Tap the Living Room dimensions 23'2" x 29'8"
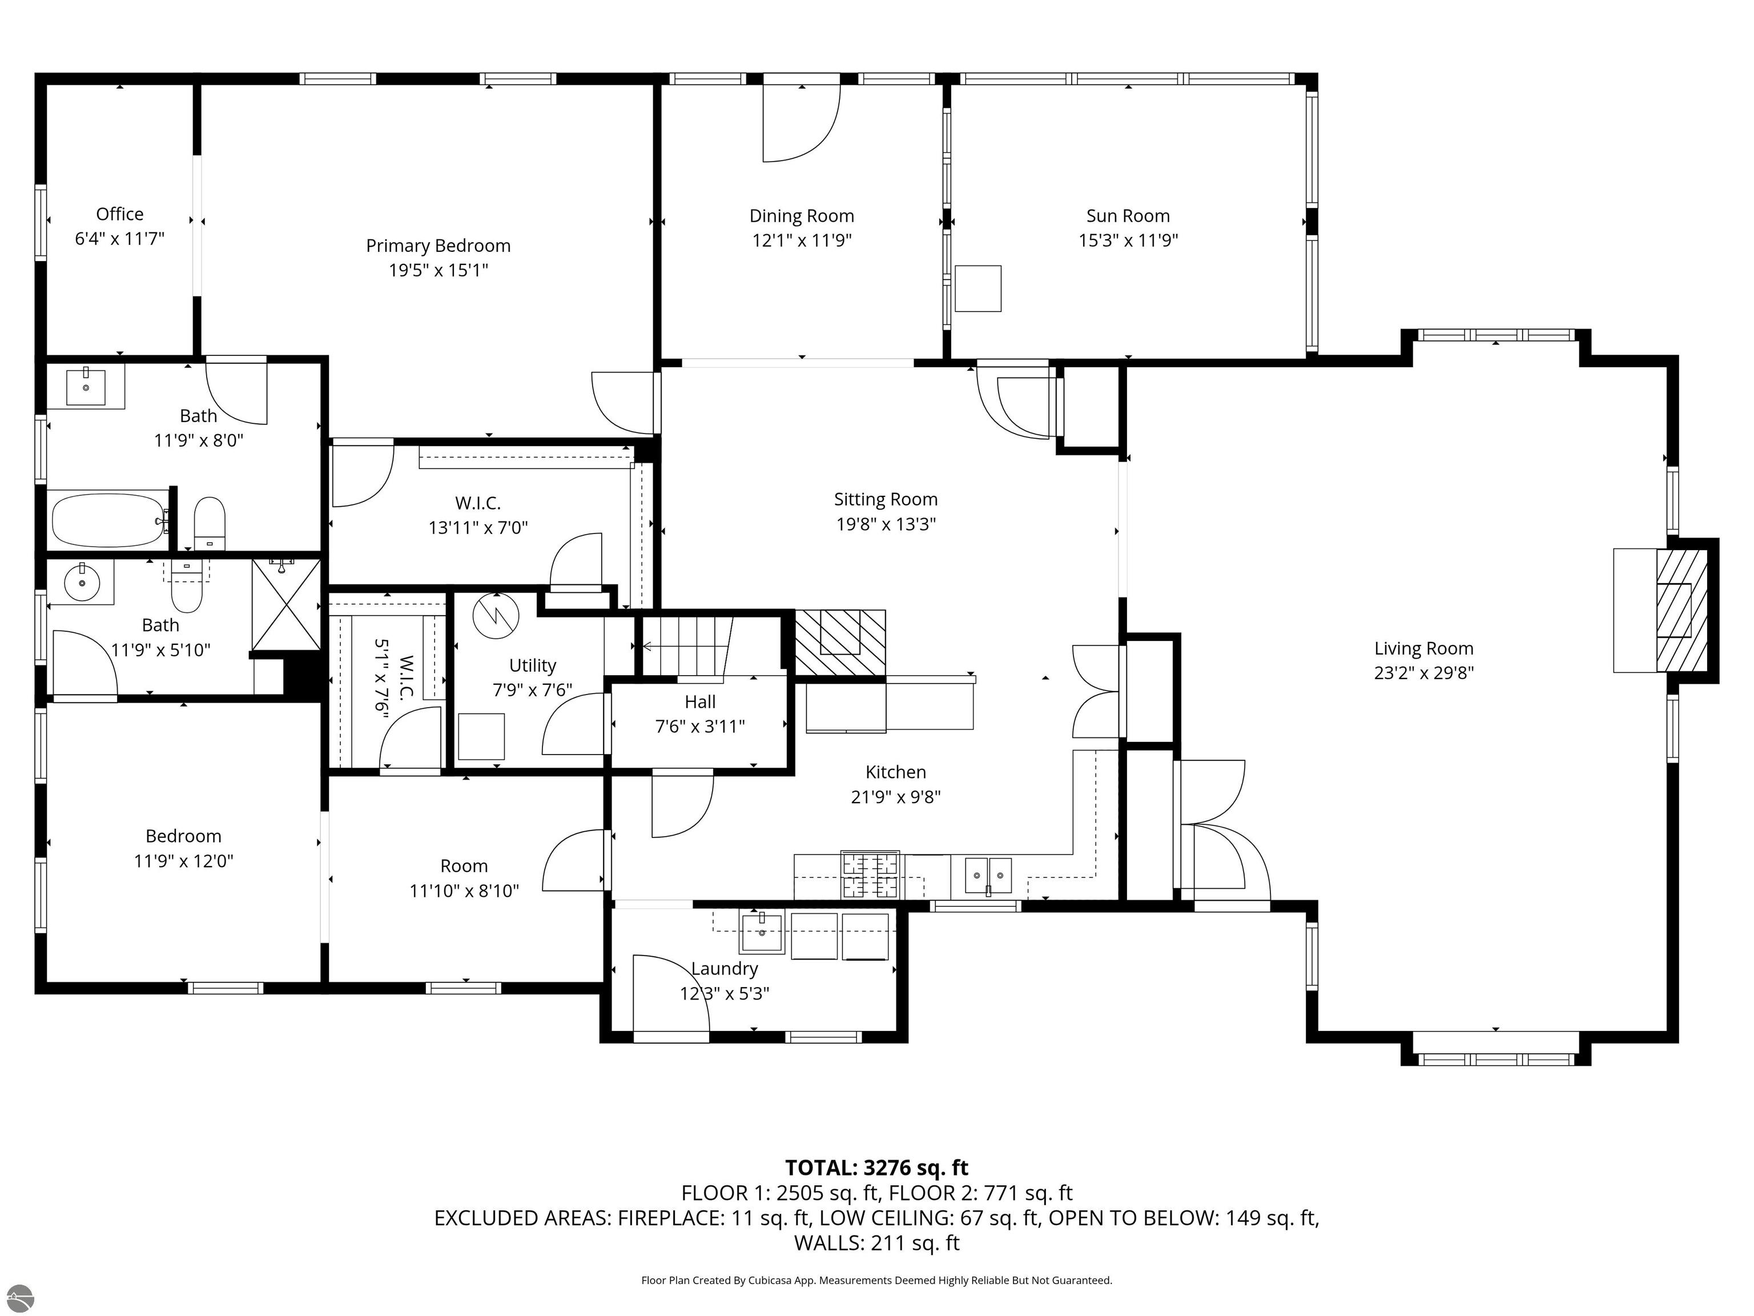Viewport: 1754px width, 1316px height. pos(1423,673)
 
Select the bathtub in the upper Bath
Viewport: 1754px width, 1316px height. pos(108,520)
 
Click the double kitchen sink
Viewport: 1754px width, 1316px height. pos(988,875)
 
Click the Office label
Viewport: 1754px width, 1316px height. pos(120,214)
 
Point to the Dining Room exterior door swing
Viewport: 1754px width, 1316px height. pos(801,123)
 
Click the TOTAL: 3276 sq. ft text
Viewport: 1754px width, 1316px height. pos(876,1167)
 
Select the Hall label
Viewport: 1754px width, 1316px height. pos(699,702)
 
